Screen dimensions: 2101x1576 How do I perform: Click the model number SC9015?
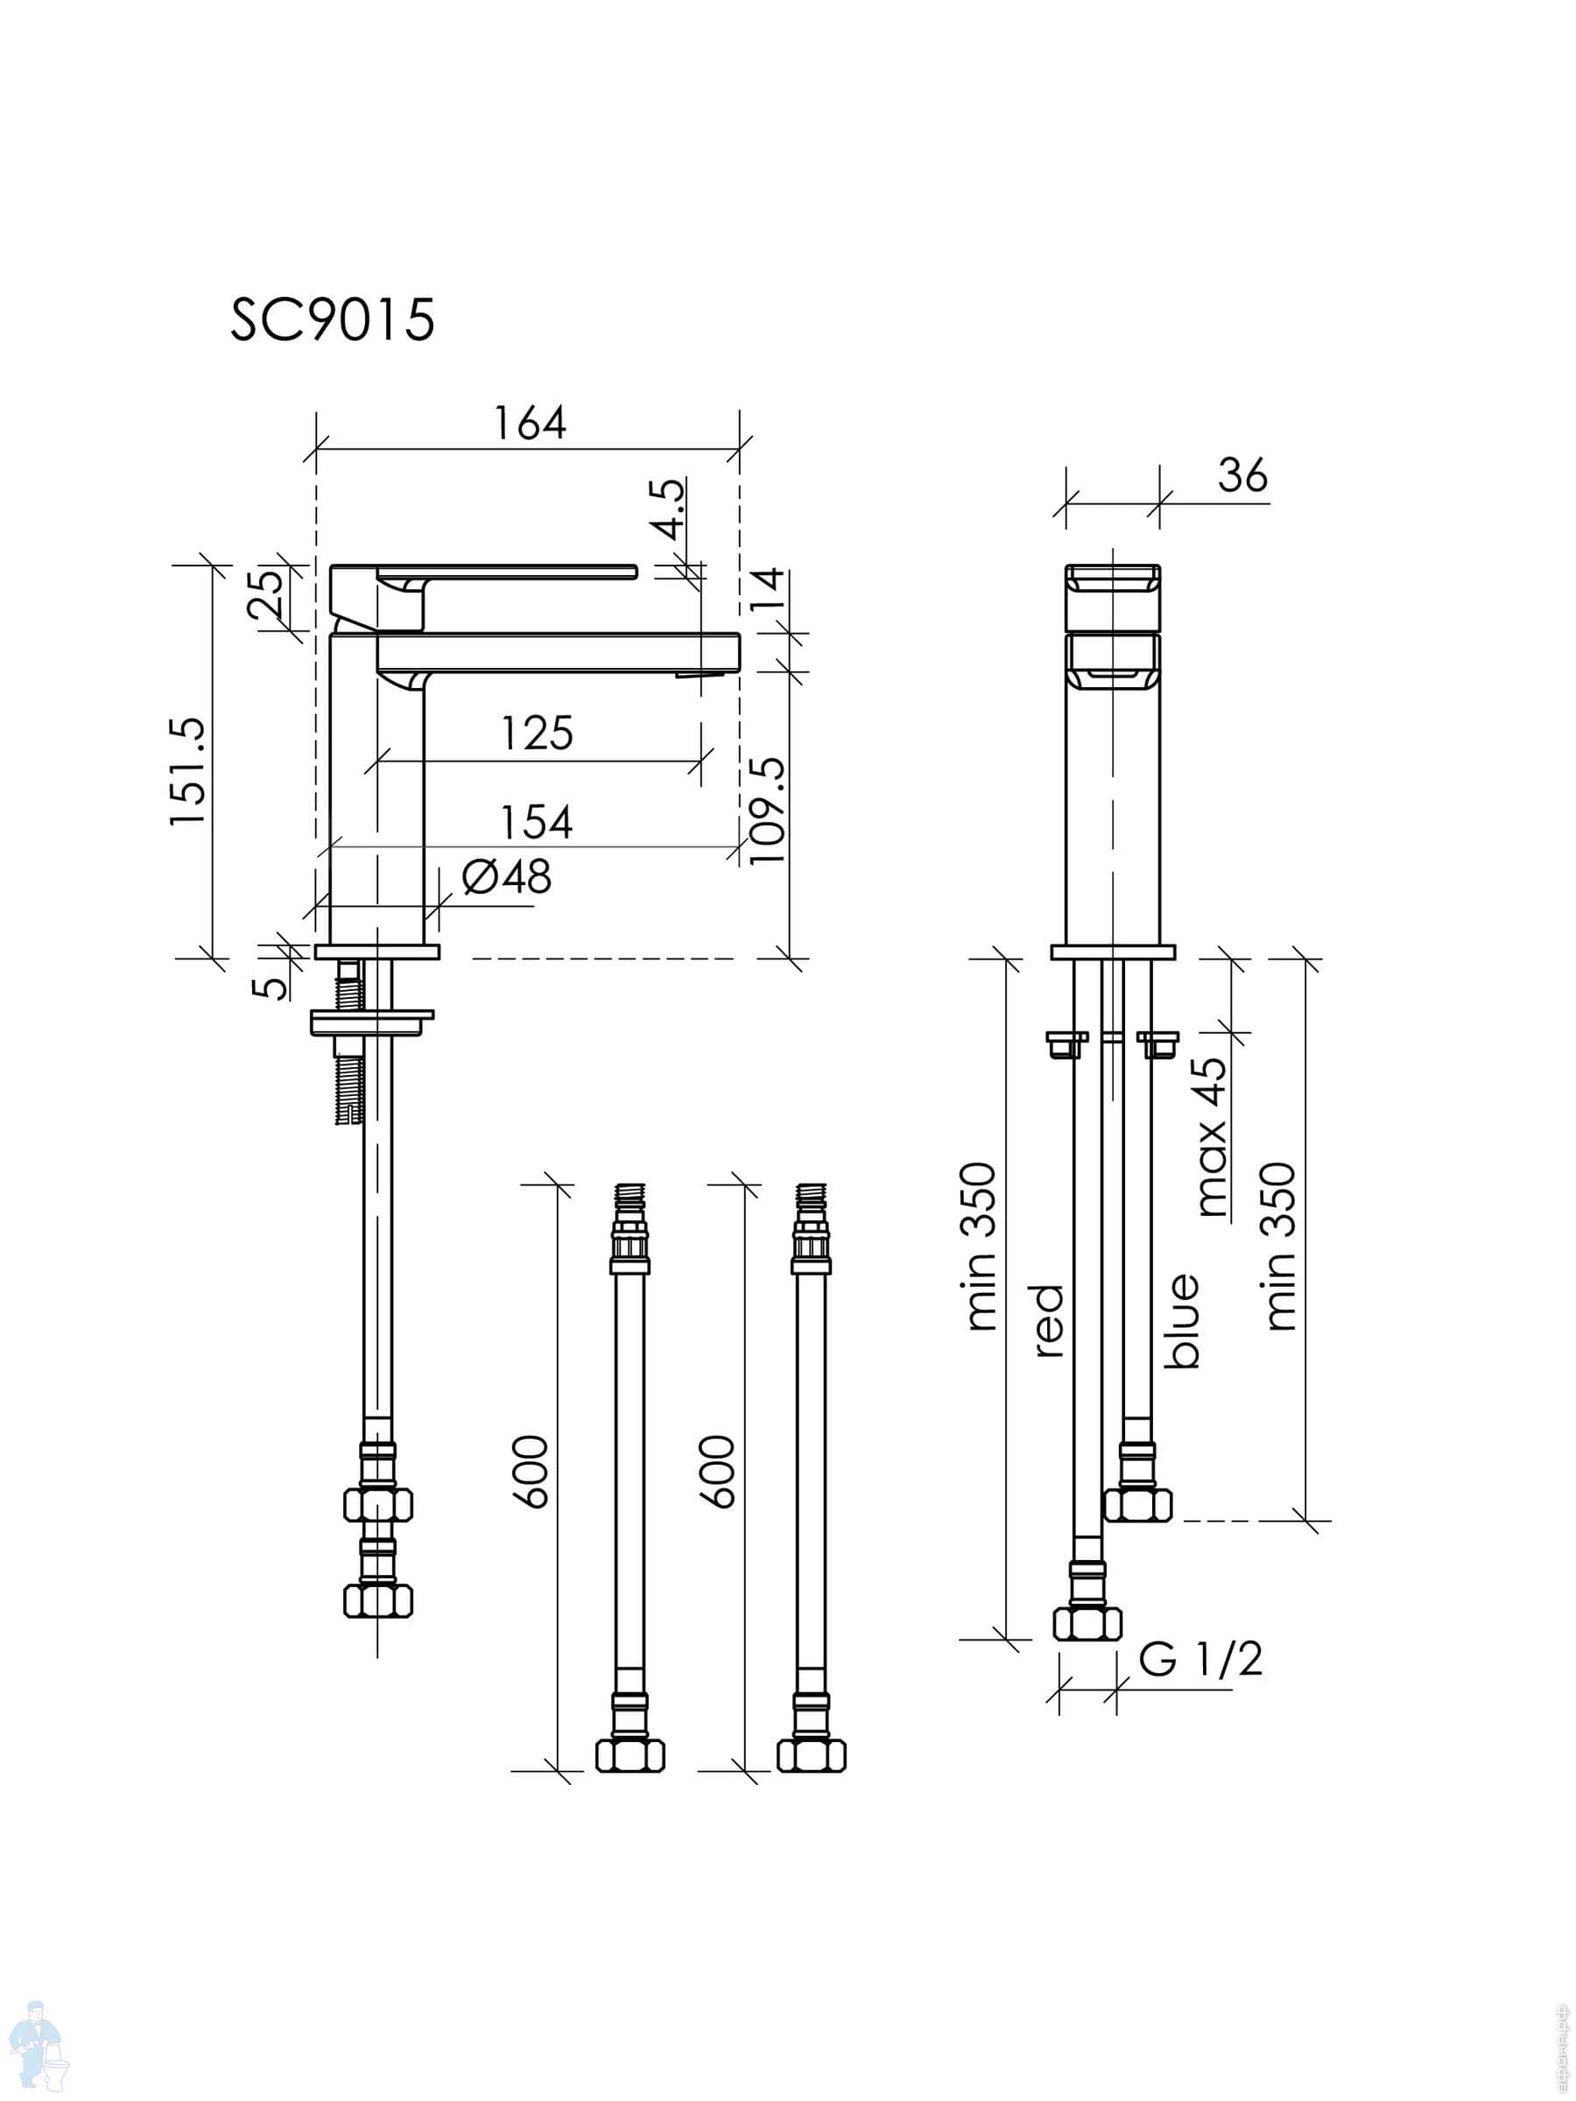(x=333, y=320)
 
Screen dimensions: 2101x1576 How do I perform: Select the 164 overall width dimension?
(x=529, y=424)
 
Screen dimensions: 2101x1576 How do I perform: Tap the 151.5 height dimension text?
(x=188, y=770)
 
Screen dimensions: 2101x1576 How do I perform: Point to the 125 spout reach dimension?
(x=537, y=734)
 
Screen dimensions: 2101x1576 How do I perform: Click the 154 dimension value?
(x=537, y=823)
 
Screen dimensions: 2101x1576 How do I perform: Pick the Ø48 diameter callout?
(x=506, y=876)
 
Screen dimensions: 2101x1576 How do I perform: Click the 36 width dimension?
(x=1242, y=474)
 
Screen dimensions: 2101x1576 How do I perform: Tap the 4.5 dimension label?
(x=671, y=509)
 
